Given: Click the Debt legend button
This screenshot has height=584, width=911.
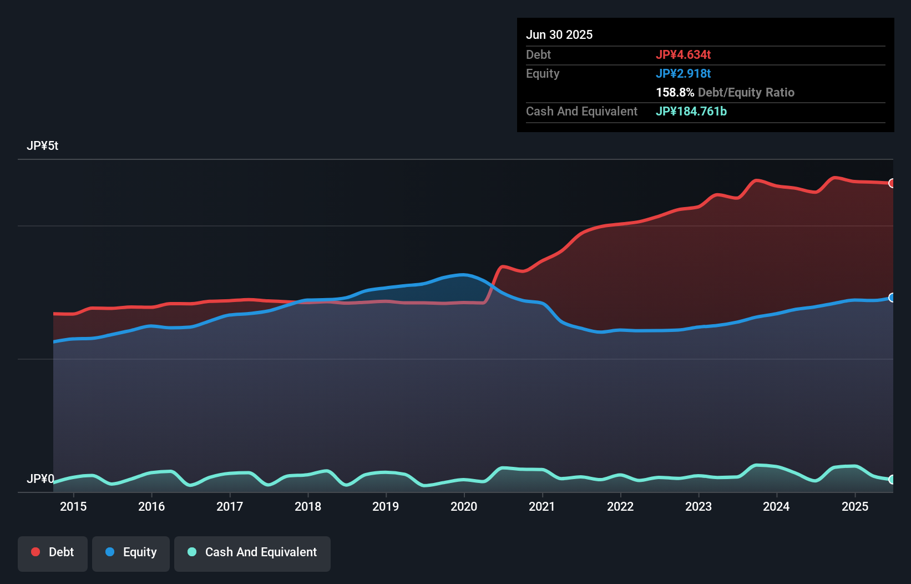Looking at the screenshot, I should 52,553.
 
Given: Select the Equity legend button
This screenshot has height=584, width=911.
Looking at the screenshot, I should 130,553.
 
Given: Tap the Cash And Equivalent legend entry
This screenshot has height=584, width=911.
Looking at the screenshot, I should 252,553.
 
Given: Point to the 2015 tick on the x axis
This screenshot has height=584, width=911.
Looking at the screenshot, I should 73,506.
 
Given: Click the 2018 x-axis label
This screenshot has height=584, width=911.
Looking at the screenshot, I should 307,506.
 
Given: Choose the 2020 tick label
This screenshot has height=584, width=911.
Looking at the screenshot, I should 464,506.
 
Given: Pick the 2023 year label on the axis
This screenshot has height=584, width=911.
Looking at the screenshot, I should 698,506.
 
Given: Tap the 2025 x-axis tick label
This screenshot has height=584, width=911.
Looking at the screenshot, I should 854,506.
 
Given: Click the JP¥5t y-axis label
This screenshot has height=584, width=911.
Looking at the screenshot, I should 42,146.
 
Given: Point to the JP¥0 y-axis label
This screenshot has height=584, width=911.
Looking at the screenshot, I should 40,479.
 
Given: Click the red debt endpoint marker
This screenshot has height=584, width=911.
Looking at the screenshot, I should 892,183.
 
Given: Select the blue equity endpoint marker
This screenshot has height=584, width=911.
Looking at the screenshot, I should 892,298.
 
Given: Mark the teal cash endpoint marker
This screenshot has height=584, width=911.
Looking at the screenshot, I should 892,480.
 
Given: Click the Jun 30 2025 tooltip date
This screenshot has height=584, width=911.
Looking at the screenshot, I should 559,34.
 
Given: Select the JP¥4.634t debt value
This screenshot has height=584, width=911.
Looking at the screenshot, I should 683,54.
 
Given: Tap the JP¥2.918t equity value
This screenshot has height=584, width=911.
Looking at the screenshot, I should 683,73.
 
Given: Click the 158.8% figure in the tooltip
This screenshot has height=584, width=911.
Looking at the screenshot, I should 675,92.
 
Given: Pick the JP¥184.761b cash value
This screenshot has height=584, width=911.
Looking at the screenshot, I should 691,111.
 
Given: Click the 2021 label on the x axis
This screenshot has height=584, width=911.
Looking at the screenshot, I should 541,506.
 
